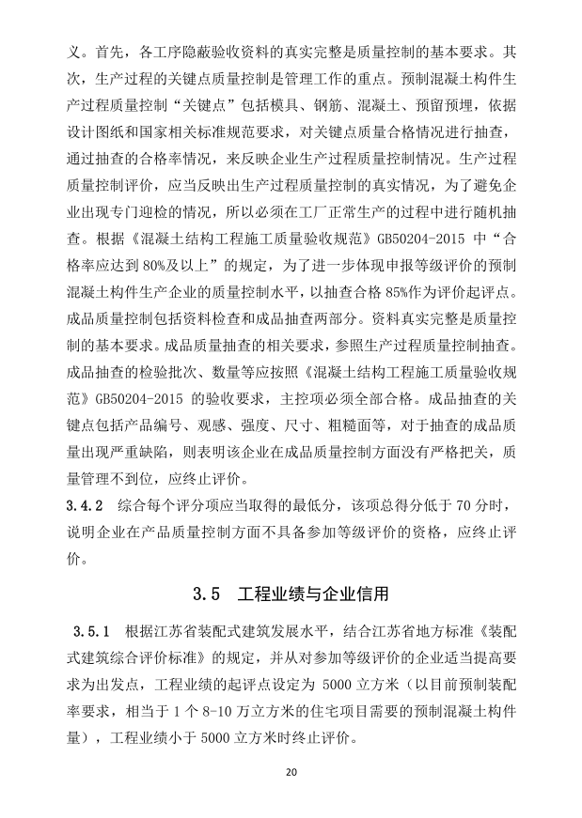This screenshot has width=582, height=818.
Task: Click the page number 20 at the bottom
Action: pyautogui.click(x=291, y=772)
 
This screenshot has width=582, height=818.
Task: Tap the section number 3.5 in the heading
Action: pyautogui.click(x=206, y=594)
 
